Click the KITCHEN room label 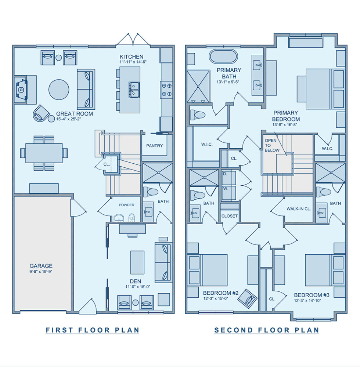point(132,57)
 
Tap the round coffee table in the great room point(59,90)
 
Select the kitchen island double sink point(134,90)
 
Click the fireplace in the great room point(21,90)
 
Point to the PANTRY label point(154,146)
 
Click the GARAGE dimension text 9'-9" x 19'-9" point(41,272)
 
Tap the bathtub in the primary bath point(223,56)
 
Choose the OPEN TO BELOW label point(272,145)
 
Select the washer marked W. point(228,193)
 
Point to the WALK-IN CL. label point(299,209)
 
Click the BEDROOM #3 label point(312,295)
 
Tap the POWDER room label point(126,205)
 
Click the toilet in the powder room point(132,217)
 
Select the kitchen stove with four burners point(166,90)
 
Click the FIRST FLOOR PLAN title point(93,330)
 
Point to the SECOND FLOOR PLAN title point(267,330)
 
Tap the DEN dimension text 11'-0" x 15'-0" point(138,287)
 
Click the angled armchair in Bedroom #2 point(247,298)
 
